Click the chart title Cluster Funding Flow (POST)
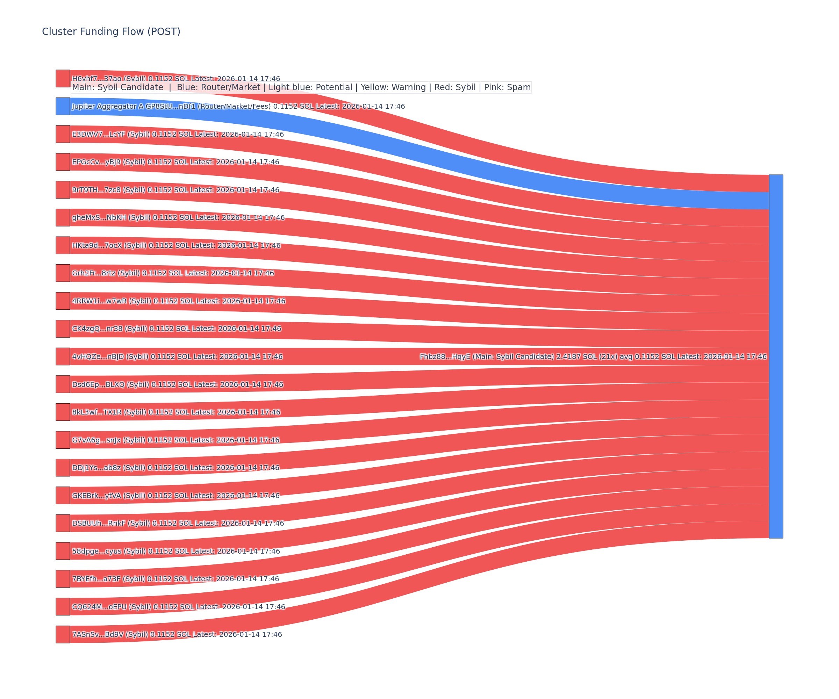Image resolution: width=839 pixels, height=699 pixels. click(x=111, y=31)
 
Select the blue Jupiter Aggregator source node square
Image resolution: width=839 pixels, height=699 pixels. click(x=63, y=106)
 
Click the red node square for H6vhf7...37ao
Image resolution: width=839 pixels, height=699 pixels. click(x=63, y=78)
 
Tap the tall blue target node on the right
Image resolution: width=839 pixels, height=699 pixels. click(x=776, y=356)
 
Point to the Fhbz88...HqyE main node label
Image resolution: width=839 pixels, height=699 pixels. click(x=593, y=356)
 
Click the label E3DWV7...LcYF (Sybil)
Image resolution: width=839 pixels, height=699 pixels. click(x=178, y=134)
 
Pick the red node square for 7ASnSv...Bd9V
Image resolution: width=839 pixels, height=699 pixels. click(x=63, y=634)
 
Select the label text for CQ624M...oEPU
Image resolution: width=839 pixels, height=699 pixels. click(x=179, y=607)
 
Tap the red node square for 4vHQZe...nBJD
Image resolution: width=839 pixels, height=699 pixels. click(x=63, y=356)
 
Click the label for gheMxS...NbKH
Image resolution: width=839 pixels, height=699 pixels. click(x=178, y=218)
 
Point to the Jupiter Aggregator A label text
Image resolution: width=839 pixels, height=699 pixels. click(x=238, y=106)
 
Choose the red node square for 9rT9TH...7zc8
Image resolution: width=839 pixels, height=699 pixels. click(x=63, y=190)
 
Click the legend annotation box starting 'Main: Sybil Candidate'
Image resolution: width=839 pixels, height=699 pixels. click(x=301, y=87)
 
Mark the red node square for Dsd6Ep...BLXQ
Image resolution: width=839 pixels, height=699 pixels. click(x=63, y=384)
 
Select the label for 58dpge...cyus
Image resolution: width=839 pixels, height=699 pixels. click(x=176, y=551)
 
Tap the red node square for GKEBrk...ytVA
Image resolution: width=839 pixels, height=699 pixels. click(x=63, y=495)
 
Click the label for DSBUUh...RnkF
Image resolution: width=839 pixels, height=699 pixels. click(x=178, y=523)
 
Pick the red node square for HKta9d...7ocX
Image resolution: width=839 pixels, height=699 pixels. click(x=63, y=245)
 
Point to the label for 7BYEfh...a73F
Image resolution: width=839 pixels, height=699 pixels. click(x=175, y=579)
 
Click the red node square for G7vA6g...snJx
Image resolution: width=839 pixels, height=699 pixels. click(x=63, y=440)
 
